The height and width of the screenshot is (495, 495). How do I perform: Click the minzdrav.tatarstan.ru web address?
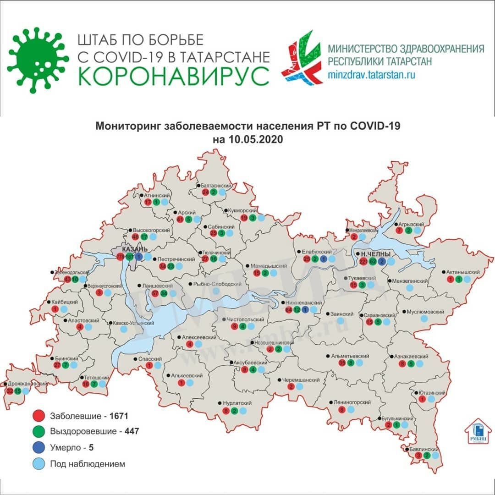click(x=372, y=75)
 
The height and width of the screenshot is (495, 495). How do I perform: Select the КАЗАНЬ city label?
click(x=136, y=248)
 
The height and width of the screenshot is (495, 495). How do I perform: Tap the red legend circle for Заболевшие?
click(x=38, y=416)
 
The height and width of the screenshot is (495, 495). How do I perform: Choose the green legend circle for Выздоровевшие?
click(x=38, y=431)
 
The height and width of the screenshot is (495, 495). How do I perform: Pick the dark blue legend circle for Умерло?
click(x=38, y=447)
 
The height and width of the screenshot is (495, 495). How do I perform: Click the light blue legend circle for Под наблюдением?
click(x=38, y=463)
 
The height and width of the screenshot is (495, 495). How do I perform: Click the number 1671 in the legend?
click(x=118, y=416)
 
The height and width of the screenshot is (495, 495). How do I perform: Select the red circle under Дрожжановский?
click(x=10, y=391)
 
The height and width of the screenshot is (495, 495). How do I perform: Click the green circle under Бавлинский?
click(x=427, y=456)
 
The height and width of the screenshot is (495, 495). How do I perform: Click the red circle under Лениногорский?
click(x=341, y=410)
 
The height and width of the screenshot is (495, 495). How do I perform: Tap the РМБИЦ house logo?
click(x=478, y=432)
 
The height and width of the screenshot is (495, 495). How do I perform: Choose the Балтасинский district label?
click(x=216, y=185)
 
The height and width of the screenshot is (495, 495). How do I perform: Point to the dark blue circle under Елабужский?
click(x=324, y=259)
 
